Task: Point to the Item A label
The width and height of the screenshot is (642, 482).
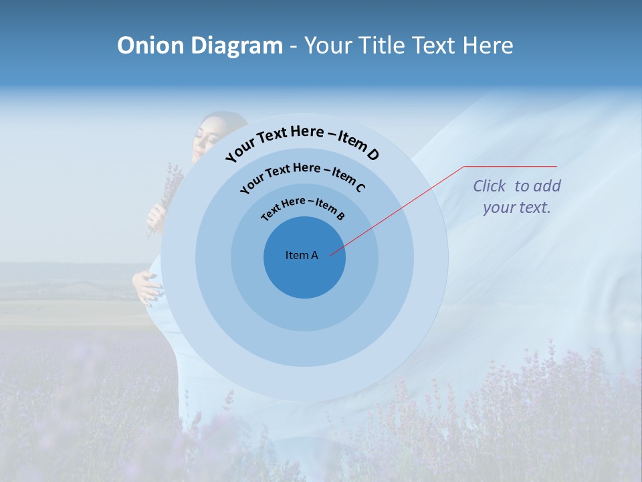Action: (302, 255)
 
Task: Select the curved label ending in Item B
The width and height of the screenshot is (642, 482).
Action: (303, 207)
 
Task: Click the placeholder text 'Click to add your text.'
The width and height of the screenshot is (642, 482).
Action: (517, 196)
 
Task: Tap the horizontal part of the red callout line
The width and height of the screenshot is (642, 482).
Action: (510, 166)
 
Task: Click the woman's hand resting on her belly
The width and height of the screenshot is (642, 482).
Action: (148, 285)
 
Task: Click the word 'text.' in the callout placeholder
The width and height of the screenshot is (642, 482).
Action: (535, 208)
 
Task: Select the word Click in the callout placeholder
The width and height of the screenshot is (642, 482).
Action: (490, 186)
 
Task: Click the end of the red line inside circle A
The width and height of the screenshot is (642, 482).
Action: (331, 254)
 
